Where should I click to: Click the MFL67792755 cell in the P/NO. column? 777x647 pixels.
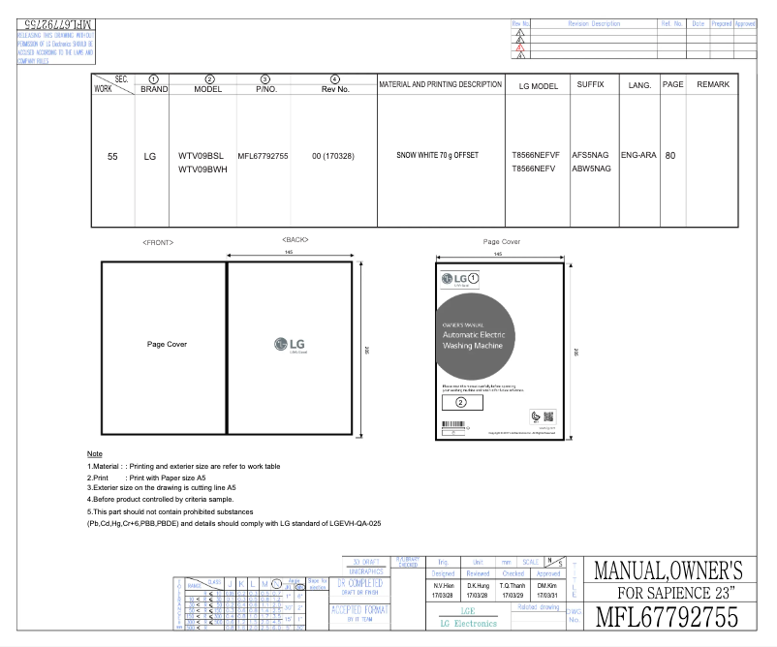pos(263,155)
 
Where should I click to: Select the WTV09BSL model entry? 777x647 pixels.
pos(202,155)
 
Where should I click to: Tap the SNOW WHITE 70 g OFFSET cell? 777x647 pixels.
pos(440,155)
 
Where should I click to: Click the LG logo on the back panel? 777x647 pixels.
pos(292,343)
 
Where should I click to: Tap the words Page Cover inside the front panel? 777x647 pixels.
pos(162,344)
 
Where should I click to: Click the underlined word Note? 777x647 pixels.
pos(95,454)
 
